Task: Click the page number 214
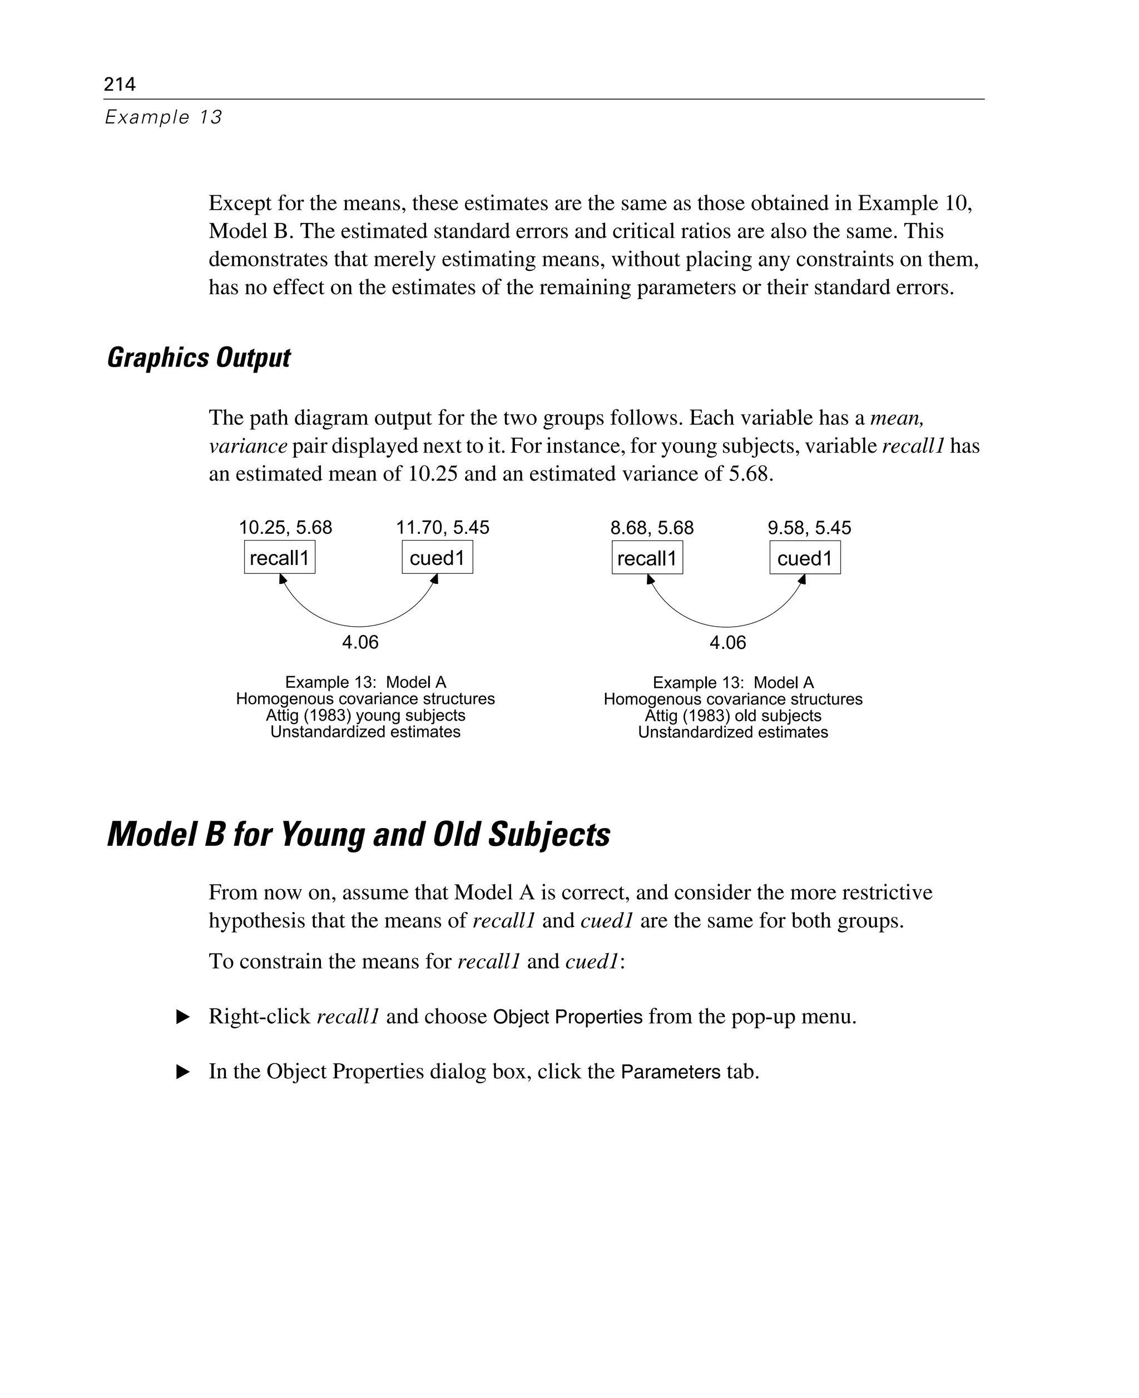click(x=120, y=84)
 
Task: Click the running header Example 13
click(x=164, y=117)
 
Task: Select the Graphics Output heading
click(x=198, y=358)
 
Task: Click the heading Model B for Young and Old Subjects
click(x=358, y=835)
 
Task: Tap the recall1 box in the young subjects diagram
click(x=280, y=558)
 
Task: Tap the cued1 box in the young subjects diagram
click(x=437, y=558)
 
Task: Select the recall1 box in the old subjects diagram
click(x=647, y=558)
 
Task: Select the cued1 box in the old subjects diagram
click(x=804, y=558)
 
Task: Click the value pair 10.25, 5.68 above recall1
click(x=285, y=528)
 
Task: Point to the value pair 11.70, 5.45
click(x=442, y=528)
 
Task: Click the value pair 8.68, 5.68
click(x=651, y=528)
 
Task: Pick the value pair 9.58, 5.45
click(x=809, y=528)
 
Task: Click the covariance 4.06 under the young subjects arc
click(x=360, y=642)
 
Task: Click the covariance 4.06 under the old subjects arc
click(x=727, y=642)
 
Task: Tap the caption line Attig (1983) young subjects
click(x=365, y=716)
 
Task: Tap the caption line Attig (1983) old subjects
click(x=733, y=716)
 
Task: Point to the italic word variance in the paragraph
click(x=248, y=446)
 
